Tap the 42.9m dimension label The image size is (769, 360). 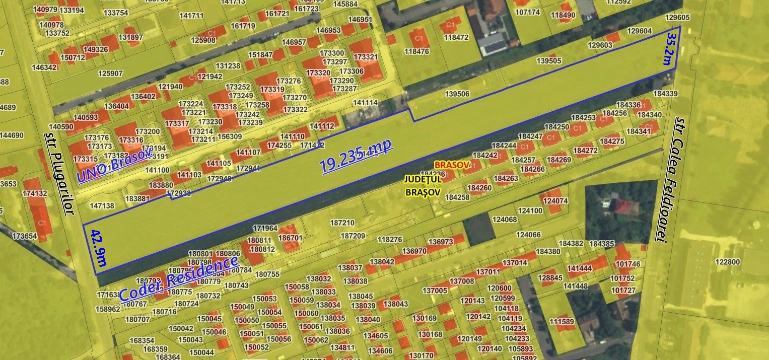click(x=98, y=247)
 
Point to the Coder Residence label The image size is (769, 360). click(x=179, y=278)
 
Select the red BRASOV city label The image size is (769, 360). click(x=452, y=165)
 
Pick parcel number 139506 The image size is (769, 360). click(x=457, y=94)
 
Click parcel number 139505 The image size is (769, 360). click(x=548, y=61)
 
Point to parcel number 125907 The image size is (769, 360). click(x=110, y=74)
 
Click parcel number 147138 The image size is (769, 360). click(x=102, y=205)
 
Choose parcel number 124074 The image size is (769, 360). click(x=555, y=201)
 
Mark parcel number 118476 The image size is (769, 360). click(x=416, y=51)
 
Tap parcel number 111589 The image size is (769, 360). click(x=562, y=322)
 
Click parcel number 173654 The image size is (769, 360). click(x=25, y=236)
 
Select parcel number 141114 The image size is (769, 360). click(x=365, y=103)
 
